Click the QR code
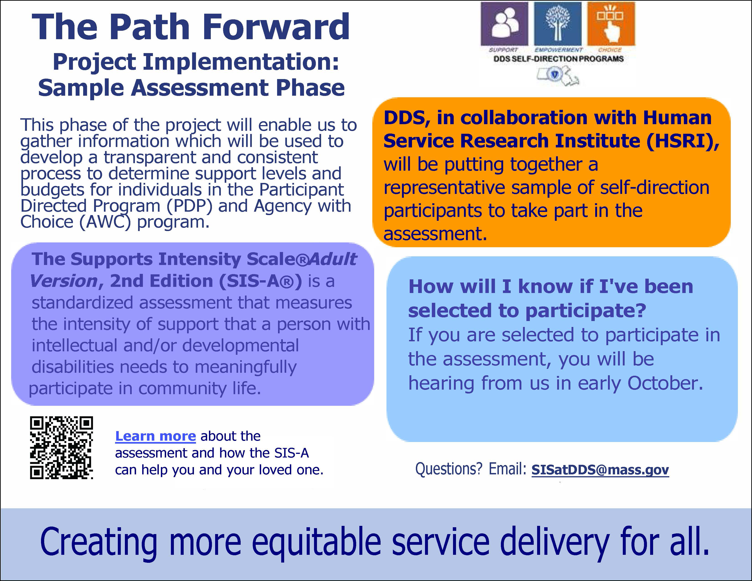pyautogui.click(x=61, y=447)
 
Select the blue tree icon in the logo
pyautogui.click(x=557, y=24)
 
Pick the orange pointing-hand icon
pyautogui.click(x=611, y=24)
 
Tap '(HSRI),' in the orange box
pyautogui.click(x=682, y=141)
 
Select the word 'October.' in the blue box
pyautogui.click(x=665, y=383)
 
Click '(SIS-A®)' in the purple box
pyautogui.click(x=260, y=281)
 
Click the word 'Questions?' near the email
pyautogui.click(x=449, y=469)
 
